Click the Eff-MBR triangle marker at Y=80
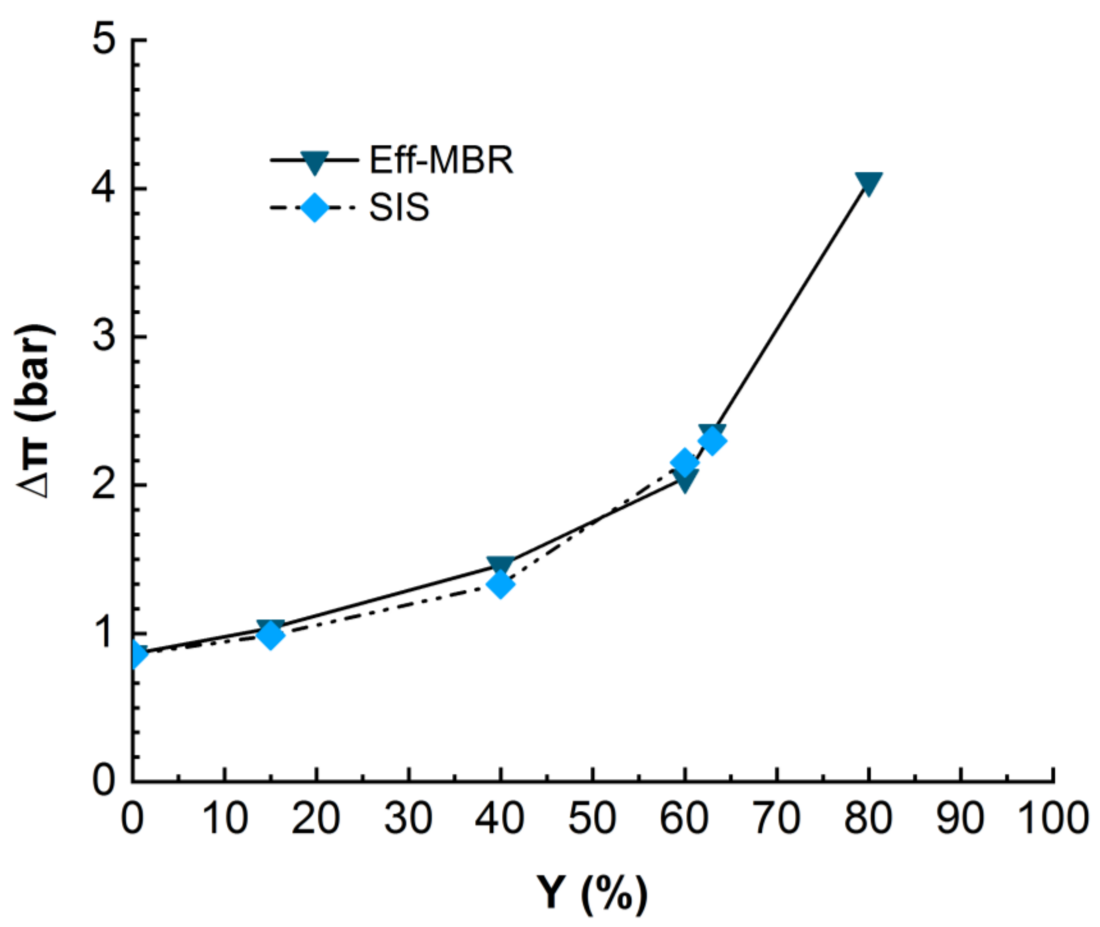tap(868, 183)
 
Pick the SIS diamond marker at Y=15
tap(270, 635)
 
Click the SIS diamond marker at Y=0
tap(135, 654)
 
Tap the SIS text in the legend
tap(399, 207)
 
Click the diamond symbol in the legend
tap(314, 207)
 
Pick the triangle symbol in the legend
tap(314, 162)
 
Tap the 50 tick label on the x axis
tap(592, 818)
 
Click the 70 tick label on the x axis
tap(777, 818)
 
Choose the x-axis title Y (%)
tap(592, 893)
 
